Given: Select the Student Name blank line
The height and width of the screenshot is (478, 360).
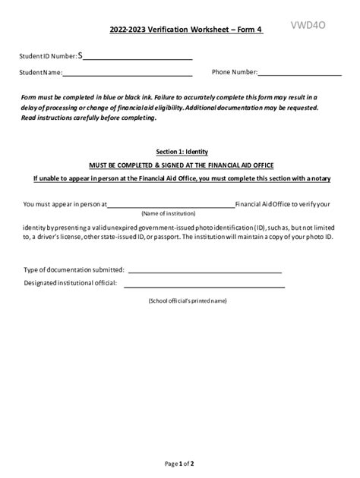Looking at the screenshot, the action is (127, 75).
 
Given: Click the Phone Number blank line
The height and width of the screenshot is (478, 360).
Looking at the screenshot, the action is (300, 75).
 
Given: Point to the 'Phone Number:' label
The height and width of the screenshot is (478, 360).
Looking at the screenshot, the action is (235, 72).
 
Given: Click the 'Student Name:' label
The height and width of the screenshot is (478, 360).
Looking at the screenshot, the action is (41, 73).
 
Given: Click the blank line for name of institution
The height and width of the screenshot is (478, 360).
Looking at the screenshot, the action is (172, 206).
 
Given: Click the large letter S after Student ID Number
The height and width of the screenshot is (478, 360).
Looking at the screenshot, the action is (81, 55).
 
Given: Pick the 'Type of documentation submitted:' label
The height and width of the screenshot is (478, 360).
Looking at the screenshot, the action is (74, 269).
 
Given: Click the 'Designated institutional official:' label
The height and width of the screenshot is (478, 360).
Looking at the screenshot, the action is (71, 283).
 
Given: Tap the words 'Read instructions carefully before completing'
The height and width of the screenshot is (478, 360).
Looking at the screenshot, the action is (89, 118).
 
